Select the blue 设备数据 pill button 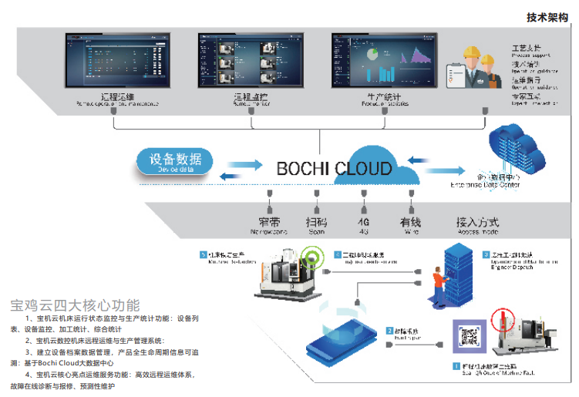tap(174, 162)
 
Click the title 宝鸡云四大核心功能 tap(75, 304)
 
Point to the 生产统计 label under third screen tap(384, 98)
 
